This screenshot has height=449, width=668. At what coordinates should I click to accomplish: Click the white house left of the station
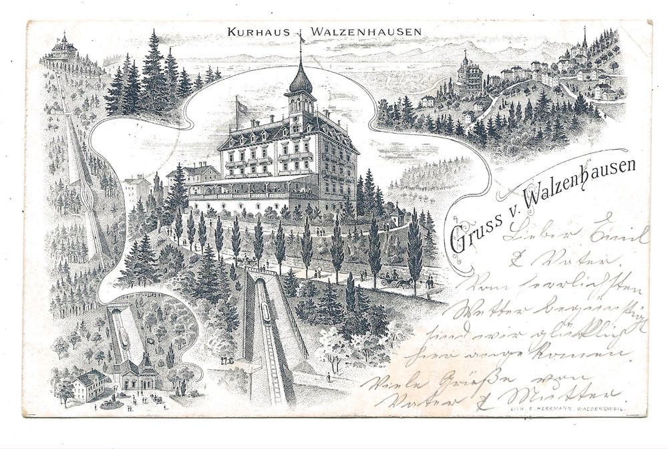88,385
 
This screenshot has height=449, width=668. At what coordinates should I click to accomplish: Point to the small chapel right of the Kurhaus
398,215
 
